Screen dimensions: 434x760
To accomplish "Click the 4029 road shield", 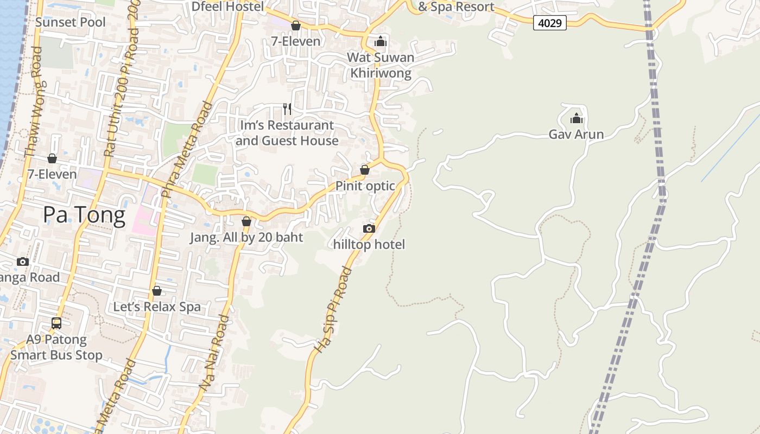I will [x=549, y=23].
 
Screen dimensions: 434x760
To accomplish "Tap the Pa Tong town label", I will [x=84, y=215].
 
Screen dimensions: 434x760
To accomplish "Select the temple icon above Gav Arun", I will [x=576, y=118].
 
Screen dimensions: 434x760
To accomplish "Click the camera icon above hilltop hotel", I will [x=369, y=228].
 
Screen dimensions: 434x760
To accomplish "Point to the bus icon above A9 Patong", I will [x=56, y=323].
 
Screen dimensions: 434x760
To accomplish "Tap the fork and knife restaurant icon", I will [x=287, y=109].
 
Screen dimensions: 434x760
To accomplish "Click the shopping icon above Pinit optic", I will [x=365, y=170].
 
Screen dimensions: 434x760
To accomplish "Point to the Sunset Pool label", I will [x=71, y=22].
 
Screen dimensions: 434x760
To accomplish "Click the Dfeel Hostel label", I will [x=227, y=7].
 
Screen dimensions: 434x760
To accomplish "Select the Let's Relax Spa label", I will [x=157, y=307].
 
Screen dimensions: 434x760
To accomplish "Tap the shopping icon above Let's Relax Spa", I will [x=157, y=291].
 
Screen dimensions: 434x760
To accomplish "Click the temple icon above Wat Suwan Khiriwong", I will [x=381, y=41].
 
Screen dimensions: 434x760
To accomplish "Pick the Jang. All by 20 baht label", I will [x=246, y=238].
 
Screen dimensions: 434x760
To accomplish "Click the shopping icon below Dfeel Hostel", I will [x=296, y=25].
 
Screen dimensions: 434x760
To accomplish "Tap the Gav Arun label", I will [x=576, y=135].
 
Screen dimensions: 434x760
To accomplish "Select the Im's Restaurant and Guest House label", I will [x=287, y=133].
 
